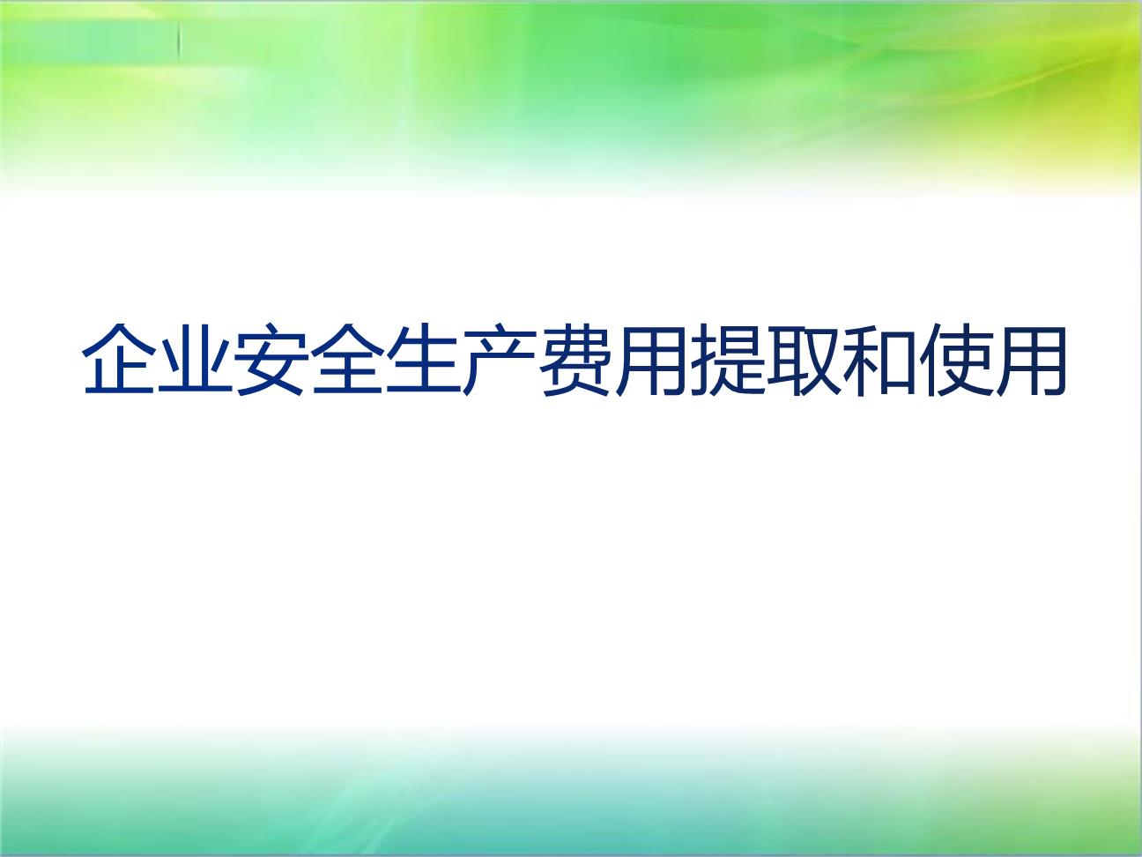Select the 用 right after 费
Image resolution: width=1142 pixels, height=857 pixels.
pyautogui.click(x=650, y=359)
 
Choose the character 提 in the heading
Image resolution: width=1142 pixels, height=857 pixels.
pyautogui.click(x=726, y=359)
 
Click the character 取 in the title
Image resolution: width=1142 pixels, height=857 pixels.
pyautogui.click(x=802, y=359)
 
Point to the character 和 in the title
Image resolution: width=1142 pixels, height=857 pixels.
pyautogui.click(x=879, y=359)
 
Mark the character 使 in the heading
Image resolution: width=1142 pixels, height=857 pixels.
pyautogui.click(x=954, y=359)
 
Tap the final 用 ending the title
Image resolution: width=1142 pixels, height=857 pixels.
pyautogui.click(x=1030, y=359)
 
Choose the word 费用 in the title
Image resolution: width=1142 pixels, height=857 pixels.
pyautogui.click(x=612, y=360)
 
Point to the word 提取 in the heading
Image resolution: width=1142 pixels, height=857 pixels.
pyautogui.click(x=764, y=360)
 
